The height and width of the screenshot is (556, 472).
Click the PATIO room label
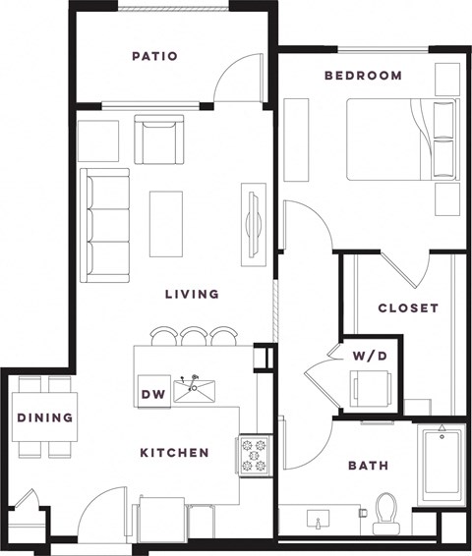coord(154,56)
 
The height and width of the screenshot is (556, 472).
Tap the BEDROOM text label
coord(363,76)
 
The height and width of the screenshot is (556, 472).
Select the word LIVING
coord(191,294)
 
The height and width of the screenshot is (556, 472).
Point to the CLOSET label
coord(408,307)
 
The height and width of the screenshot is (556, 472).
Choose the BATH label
coord(367,466)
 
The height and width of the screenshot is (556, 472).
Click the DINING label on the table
coord(45,417)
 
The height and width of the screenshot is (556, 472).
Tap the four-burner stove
coord(252,455)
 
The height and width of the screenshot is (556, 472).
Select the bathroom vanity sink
coord(320,518)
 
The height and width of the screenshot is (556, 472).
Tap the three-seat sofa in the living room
coord(105,224)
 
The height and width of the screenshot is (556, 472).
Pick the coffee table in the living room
coord(165,223)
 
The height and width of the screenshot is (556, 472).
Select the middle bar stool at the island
coord(195,336)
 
